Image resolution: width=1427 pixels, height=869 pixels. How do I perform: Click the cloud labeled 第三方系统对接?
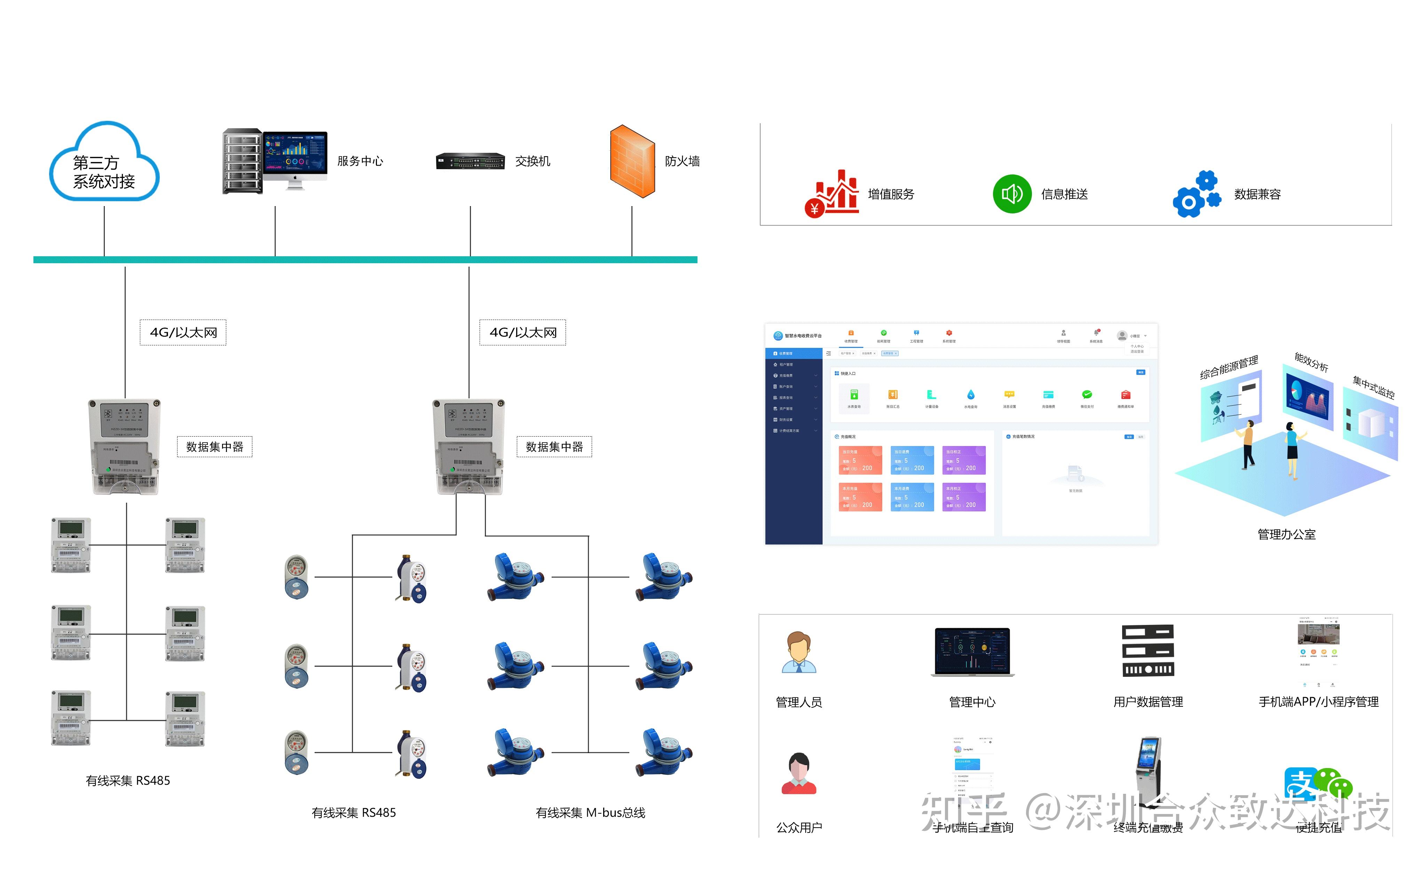pyautogui.click(x=104, y=163)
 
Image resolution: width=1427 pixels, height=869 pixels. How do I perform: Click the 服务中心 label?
pyautogui.click(x=360, y=161)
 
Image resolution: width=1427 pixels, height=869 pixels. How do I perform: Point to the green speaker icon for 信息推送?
pyautogui.click(x=1012, y=194)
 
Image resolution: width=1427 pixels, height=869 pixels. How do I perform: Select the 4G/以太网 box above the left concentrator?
pyautogui.click(x=183, y=332)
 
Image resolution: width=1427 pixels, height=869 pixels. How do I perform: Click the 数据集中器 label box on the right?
pyautogui.click(x=554, y=447)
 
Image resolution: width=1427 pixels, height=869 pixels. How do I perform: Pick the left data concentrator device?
pyautogui.click(x=125, y=446)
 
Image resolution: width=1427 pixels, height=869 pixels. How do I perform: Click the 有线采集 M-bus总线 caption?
pyautogui.click(x=590, y=813)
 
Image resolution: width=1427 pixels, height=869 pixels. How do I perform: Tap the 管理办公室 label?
pyautogui.click(x=1286, y=534)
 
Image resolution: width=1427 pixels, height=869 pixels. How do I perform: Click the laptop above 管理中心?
pyautogui.click(x=972, y=652)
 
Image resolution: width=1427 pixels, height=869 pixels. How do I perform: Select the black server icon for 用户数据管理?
pyautogui.click(x=1148, y=651)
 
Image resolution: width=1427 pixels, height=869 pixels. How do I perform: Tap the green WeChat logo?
pyautogui.click(x=1335, y=783)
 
